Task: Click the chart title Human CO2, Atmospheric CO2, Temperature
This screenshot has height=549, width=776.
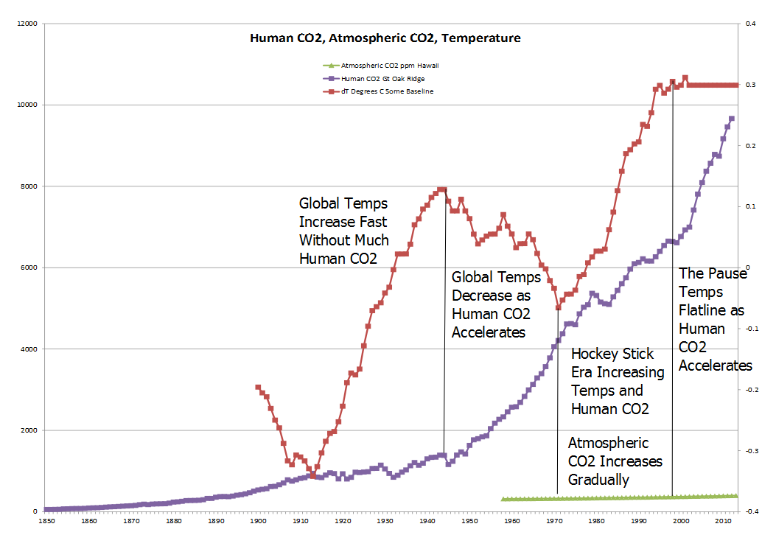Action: (x=385, y=38)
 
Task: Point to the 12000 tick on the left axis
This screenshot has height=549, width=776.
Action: (x=26, y=24)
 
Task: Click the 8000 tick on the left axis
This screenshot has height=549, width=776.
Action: (x=28, y=186)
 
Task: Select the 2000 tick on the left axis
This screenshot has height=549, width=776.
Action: (x=28, y=430)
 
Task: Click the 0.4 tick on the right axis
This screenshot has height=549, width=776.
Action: (x=751, y=24)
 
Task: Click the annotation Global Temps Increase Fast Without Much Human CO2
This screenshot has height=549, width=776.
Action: (x=343, y=231)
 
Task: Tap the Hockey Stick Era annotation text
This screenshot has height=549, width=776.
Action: (x=618, y=381)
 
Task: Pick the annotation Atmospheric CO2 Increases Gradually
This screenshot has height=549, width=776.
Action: (x=615, y=461)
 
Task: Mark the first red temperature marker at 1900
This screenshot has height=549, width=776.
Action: (x=258, y=387)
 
